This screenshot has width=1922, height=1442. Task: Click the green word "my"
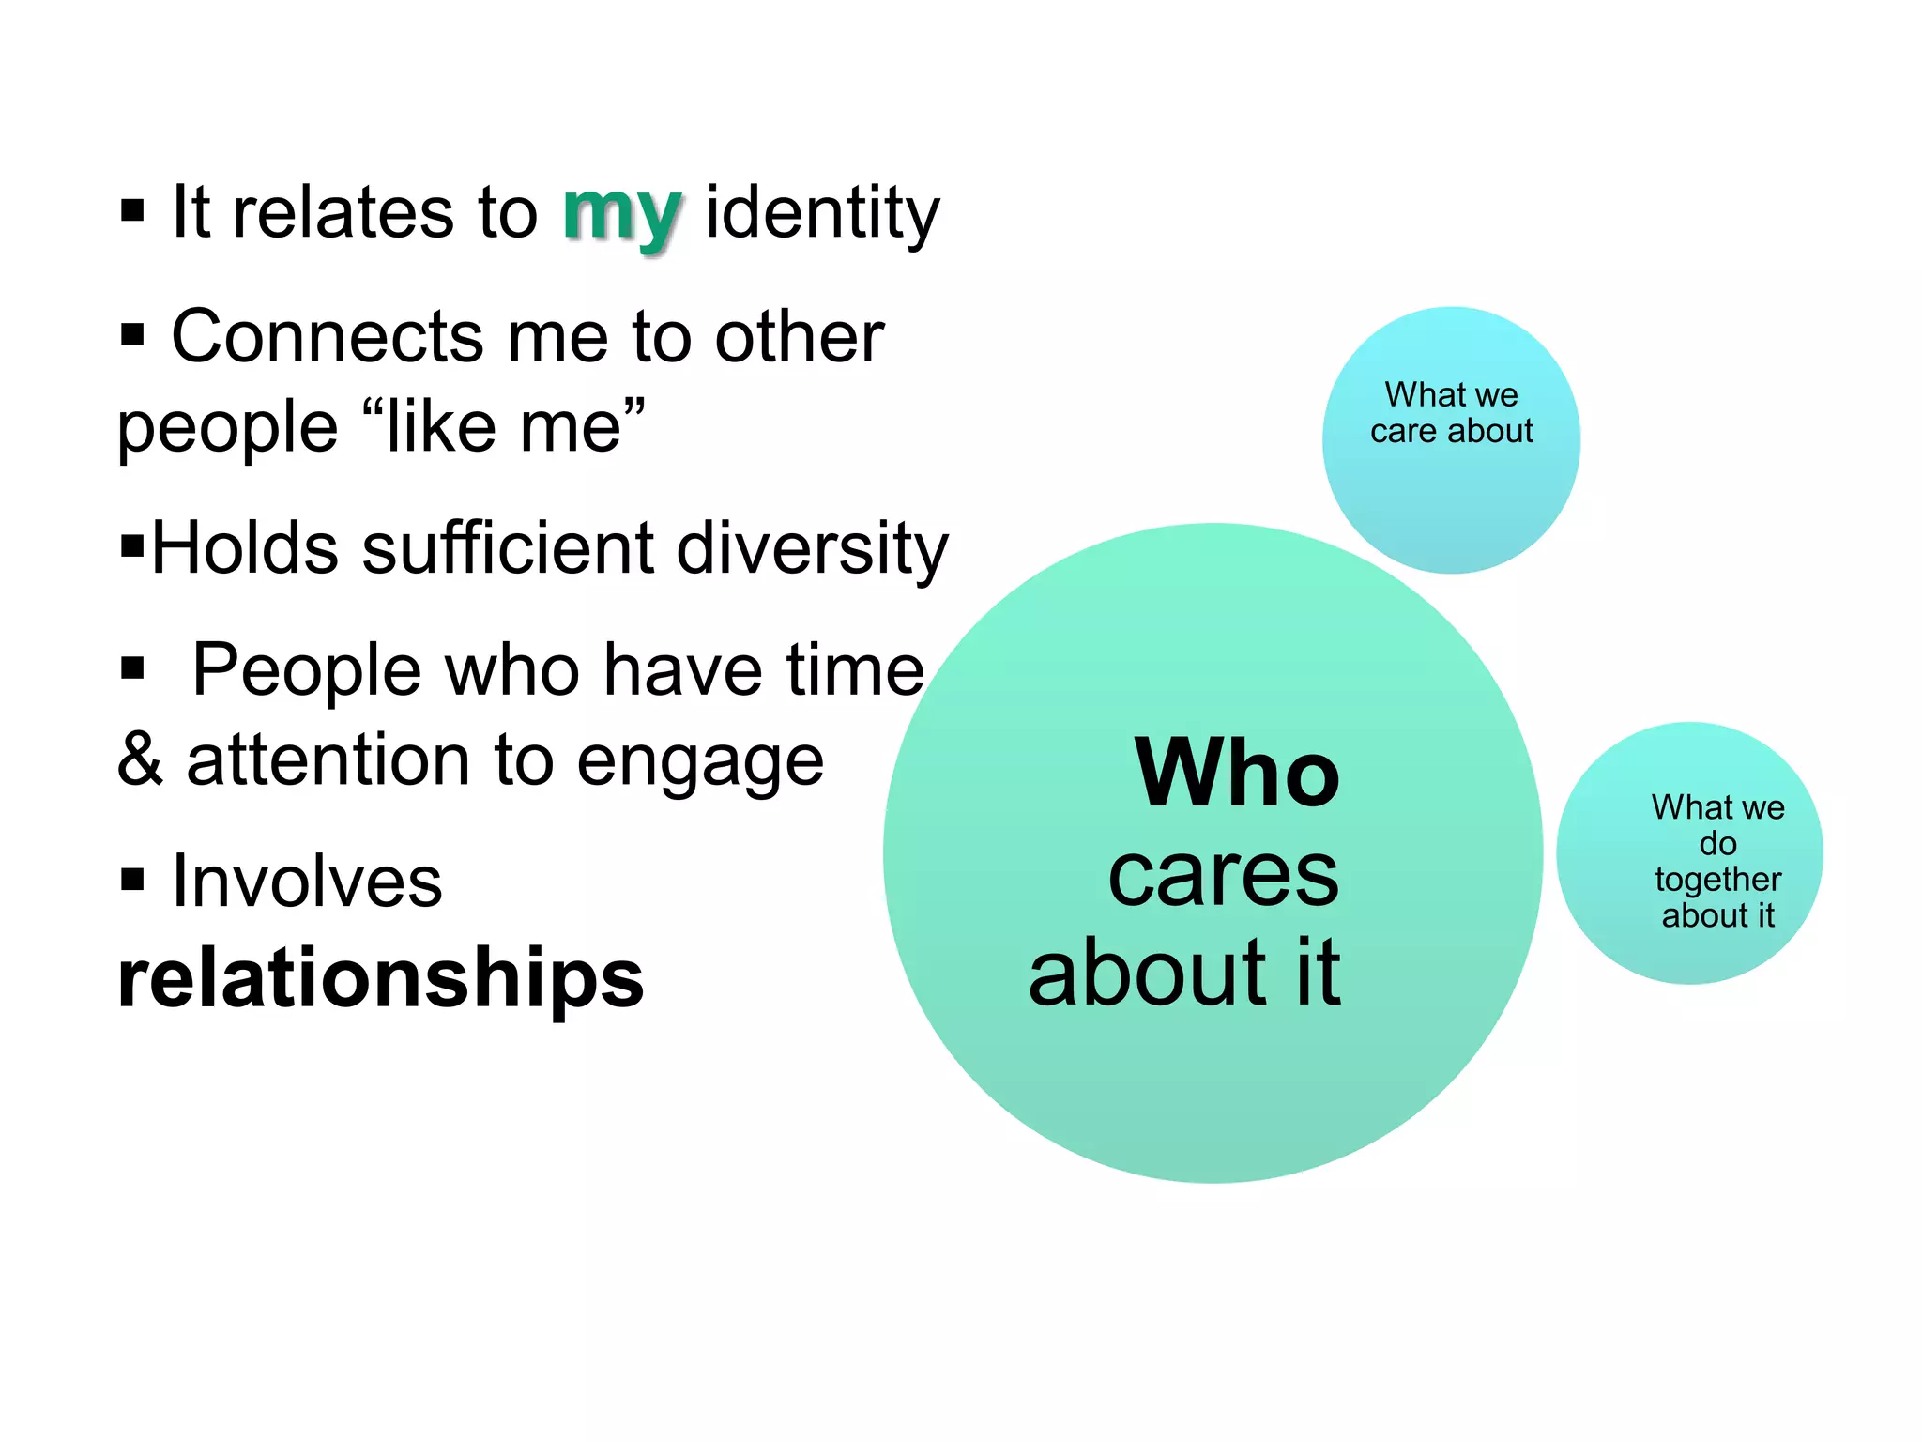tap(621, 214)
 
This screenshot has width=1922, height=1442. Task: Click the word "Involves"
tap(307, 882)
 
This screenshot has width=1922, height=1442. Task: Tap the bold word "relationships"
tap(380, 978)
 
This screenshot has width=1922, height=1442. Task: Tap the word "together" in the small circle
tap(1717, 880)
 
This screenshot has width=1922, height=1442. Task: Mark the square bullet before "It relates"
tap(132, 210)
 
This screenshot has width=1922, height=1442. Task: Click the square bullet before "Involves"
tap(132, 880)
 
